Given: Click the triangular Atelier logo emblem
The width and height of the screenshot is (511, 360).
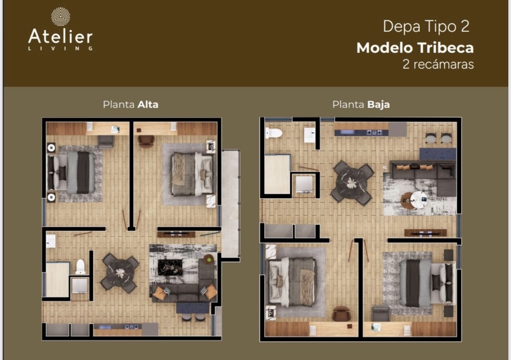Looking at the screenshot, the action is pos(60,17).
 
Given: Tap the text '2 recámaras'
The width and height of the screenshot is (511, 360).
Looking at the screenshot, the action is pos(438,64).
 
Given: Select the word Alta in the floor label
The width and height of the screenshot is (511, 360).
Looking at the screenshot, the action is pos(148,105).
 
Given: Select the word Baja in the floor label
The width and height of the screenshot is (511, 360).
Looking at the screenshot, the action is pos(379,105).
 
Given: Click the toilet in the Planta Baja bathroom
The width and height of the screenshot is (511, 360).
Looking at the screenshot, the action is pos(274,133).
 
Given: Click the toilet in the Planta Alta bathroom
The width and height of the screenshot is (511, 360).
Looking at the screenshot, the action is pos(80,266).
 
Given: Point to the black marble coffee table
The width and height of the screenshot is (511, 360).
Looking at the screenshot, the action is pos(170,267).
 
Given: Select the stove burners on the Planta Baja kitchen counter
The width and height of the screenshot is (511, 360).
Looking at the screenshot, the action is pos(374,132).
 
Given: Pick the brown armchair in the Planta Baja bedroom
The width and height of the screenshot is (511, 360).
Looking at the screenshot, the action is pos(342,314).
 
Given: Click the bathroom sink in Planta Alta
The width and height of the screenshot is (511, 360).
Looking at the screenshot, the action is pos(50,241).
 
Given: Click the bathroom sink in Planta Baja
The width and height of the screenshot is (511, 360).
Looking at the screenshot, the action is pos(310,135).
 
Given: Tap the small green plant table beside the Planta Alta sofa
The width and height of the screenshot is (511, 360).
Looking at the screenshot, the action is pos(209,259).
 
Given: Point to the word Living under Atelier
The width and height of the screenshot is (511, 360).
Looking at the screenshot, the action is pos(60,49).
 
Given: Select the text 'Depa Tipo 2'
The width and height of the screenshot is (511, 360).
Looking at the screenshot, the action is pos(426,27).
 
